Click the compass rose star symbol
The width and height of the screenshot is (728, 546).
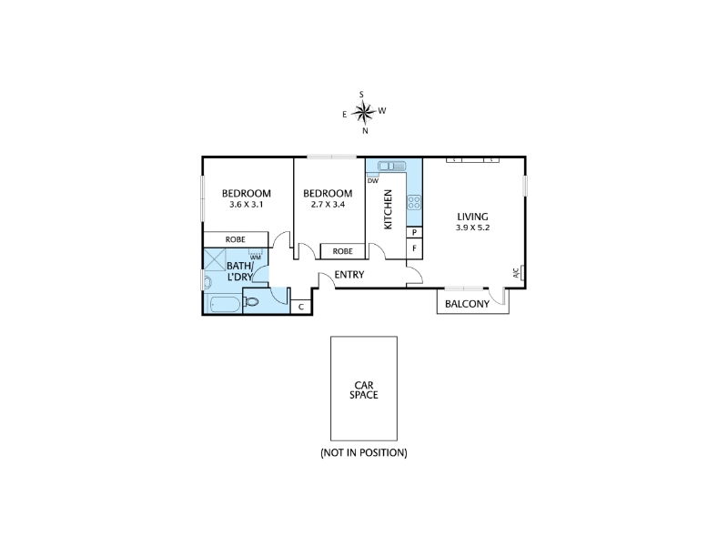coord(363,112)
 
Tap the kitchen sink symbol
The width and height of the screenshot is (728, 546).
coord(392,166)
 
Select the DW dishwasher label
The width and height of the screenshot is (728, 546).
coord(373,181)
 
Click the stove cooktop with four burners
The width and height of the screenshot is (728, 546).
coord(414,202)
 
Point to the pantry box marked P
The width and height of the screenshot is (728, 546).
coord(414,232)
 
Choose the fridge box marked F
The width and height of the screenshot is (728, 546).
coord(414,248)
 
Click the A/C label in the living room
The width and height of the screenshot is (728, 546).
coord(516,273)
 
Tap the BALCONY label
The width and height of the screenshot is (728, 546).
coord(467,304)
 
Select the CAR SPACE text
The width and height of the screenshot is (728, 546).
coord(364,390)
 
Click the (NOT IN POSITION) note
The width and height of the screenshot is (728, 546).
coord(364,452)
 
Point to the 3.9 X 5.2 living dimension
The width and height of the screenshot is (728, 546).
coord(472,227)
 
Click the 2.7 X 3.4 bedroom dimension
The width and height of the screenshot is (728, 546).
coord(328,204)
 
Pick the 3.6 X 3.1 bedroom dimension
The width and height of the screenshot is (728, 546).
coord(246,204)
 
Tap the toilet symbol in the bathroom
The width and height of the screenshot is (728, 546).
coord(251,302)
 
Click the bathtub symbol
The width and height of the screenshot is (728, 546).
coord(224,305)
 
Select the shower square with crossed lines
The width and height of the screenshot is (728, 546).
coord(215,259)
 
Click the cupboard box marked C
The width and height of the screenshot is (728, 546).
coord(301,307)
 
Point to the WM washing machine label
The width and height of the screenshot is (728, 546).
coord(256,258)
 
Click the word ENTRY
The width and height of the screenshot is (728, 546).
coord(349,275)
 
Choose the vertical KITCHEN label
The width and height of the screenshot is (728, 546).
coord(389,209)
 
